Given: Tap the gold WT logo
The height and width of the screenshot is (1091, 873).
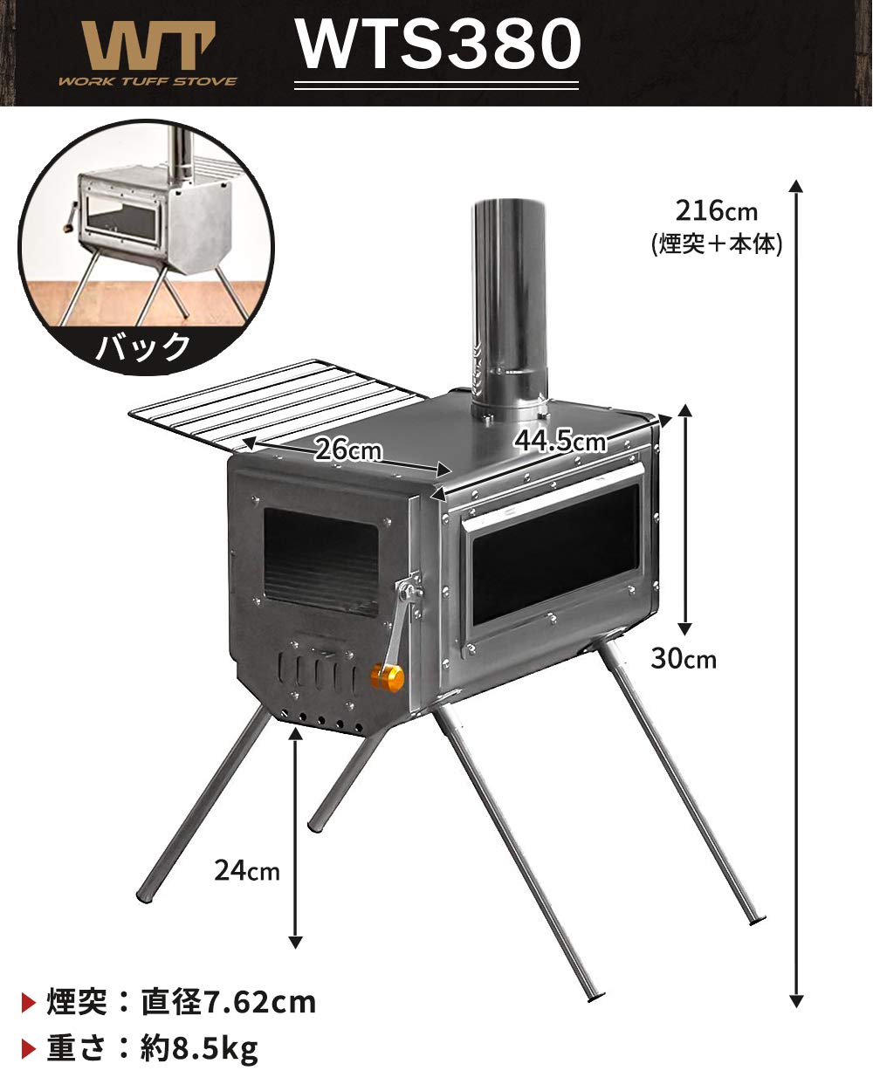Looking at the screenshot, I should tap(147, 44).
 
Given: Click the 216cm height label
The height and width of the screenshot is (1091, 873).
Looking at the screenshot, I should tap(717, 210).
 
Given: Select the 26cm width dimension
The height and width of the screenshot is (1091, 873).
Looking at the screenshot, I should tap(347, 449).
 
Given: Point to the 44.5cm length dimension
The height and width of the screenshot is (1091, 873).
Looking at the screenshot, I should tap(560, 441).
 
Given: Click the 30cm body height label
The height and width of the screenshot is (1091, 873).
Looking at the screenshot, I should tap(683, 658).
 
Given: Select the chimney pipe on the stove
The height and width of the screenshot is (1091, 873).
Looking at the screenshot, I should tap(510, 297).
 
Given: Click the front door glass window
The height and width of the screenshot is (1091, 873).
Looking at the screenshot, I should tap(320, 560).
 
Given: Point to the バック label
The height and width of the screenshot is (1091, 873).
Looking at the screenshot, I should tap(142, 347).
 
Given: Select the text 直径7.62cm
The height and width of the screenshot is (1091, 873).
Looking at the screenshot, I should tap(229, 1001).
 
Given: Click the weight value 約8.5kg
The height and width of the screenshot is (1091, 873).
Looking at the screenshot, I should tap(200, 1047).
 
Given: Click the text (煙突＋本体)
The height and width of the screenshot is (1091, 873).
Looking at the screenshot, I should tap(717, 244).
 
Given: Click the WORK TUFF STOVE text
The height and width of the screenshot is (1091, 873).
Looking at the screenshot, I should tap(147, 81).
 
